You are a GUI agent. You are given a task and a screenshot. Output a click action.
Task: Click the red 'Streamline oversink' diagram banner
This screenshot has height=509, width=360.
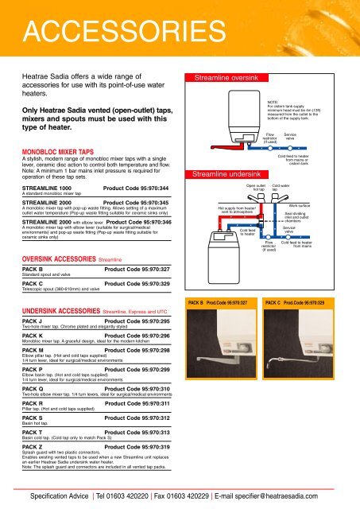[x=224, y=79]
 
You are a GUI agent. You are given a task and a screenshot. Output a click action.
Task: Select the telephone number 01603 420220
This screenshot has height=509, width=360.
[x=134, y=495]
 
